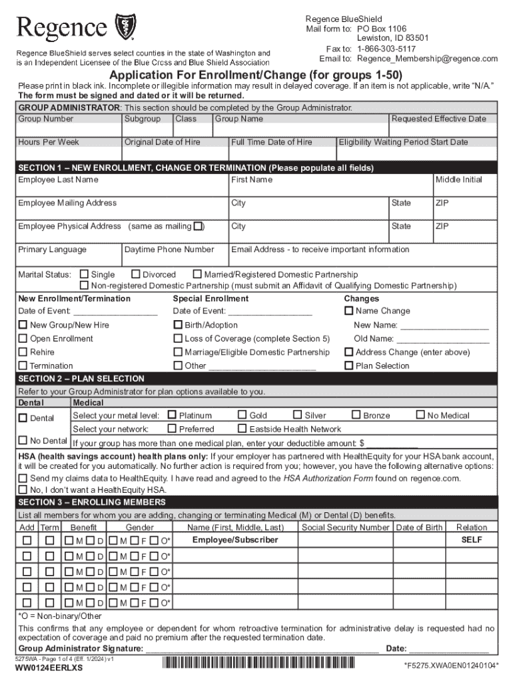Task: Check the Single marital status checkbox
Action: (84, 274)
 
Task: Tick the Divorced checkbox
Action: (136, 274)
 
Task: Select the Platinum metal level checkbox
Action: (172, 415)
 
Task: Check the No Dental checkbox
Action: (23, 440)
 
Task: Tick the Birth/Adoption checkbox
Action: (178, 325)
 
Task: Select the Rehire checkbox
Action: (23, 352)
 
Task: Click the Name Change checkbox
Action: (348, 311)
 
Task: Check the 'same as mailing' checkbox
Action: (199, 226)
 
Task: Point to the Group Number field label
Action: (46, 119)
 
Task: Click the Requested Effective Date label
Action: (438, 119)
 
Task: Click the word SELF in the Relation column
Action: (472, 540)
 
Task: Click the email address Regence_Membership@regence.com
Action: (418, 59)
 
